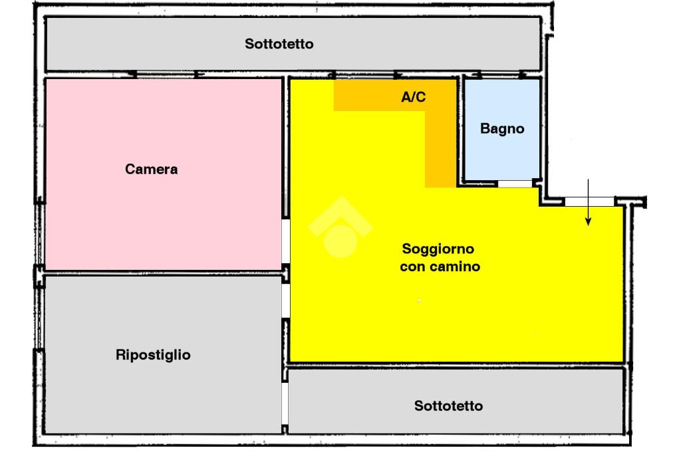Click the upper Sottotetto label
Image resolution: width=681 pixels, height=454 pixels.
pos(279,45)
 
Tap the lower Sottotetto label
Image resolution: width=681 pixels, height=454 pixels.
pos(448,405)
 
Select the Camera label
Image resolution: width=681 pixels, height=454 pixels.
pos(152,169)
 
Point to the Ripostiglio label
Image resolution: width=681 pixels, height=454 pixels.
pos(153,354)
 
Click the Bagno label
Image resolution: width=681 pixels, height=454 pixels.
pos(502,129)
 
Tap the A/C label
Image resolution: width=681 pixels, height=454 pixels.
pos(413,97)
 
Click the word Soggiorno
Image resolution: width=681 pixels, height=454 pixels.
pos(438,249)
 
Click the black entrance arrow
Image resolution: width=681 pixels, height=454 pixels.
pos(588,203)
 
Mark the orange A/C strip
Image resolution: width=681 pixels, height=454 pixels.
pos(440,146)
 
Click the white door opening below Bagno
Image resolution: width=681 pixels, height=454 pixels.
pos(515,183)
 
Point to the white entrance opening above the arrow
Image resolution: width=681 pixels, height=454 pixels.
pos(589,201)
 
